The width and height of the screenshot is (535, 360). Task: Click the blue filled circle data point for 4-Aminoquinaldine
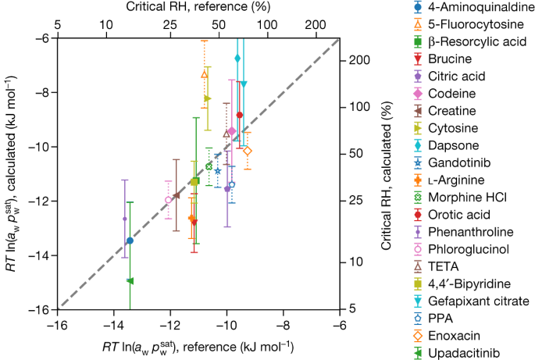[x=130, y=241]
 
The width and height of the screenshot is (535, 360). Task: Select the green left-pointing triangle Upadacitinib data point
[x=130, y=280]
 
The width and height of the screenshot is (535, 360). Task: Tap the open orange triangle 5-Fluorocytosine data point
[x=205, y=74]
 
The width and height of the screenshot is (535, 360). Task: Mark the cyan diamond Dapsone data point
[x=237, y=59]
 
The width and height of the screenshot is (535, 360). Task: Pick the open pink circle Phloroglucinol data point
[x=169, y=200]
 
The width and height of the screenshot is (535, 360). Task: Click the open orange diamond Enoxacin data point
[x=248, y=151]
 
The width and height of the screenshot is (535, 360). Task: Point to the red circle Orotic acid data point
[x=239, y=115]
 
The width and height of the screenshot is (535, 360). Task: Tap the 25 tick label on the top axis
[x=171, y=23]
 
